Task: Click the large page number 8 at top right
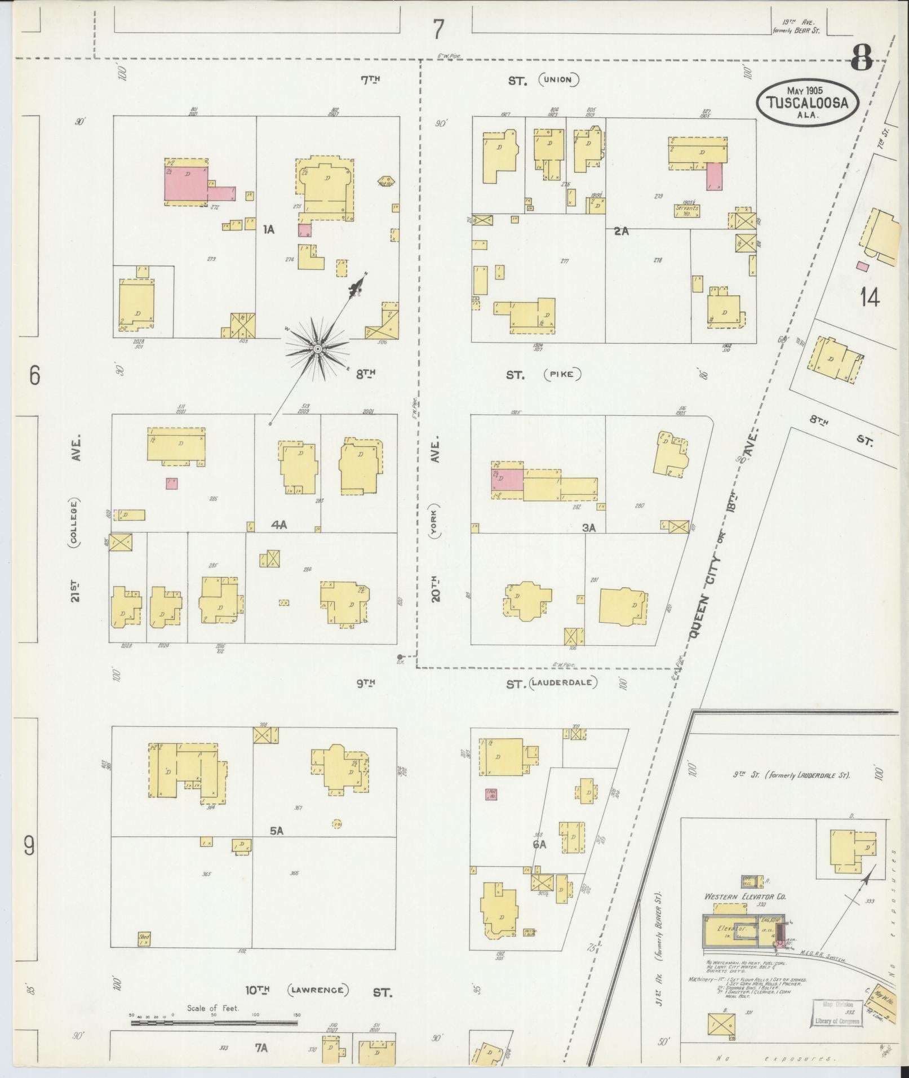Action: [862, 57]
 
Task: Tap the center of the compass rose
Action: [318, 349]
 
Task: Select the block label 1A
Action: [268, 229]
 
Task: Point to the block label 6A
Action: [539, 860]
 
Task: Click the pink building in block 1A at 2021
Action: [186, 183]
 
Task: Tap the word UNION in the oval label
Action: [558, 80]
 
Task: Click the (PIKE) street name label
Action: [562, 374]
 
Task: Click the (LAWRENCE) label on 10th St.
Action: [318, 990]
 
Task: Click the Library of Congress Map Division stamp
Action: [837, 1012]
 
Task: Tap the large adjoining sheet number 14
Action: [870, 298]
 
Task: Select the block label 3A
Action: [589, 527]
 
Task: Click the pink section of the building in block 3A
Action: [508, 480]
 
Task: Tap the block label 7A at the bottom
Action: [260, 1048]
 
